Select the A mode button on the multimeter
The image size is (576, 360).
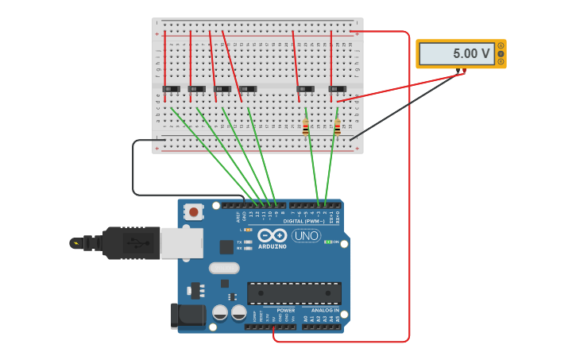tap(501, 46)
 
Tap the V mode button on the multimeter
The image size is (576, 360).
tap(501, 54)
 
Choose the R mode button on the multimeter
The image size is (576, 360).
tap(501, 62)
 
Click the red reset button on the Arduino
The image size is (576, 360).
tap(193, 212)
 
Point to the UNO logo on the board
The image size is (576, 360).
tap(306, 235)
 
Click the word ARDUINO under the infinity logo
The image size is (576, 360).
tap(272, 246)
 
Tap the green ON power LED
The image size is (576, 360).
tap(327, 242)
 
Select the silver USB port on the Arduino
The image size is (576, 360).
tap(181, 243)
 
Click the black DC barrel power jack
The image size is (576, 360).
tap(187, 315)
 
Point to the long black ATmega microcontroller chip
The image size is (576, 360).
tap(294, 293)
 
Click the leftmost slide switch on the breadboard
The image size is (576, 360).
tap(171, 89)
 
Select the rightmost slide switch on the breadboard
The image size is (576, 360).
tap(337, 89)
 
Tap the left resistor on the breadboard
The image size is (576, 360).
tap(306, 126)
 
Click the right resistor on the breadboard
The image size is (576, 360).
tap(337, 126)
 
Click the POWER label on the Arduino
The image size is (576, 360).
tap(285, 310)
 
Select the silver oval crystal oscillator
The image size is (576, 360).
tap(224, 268)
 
